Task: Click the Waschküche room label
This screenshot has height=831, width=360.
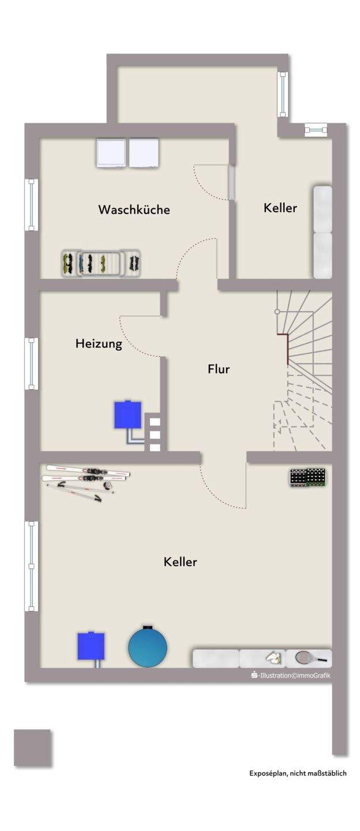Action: (x=134, y=209)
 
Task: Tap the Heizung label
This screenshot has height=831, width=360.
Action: (x=99, y=344)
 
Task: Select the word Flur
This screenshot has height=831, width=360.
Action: (x=219, y=369)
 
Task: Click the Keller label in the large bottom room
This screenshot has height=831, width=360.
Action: (x=180, y=562)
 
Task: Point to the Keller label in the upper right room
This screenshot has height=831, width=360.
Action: (x=280, y=208)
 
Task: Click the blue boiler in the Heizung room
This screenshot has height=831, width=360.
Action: (x=128, y=415)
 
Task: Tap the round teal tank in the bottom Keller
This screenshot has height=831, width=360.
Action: (x=148, y=646)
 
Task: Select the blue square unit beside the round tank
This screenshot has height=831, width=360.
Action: (x=91, y=646)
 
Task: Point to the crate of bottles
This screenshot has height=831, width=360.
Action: (x=307, y=478)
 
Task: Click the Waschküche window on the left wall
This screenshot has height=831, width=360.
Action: (x=31, y=205)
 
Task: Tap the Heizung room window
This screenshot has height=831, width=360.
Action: (x=31, y=363)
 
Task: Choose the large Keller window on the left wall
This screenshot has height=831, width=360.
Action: (x=31, y=566)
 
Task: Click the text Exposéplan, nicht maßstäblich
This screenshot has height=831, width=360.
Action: (x=298, y=773)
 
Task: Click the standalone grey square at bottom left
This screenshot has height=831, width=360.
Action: (x=32, y=747)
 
